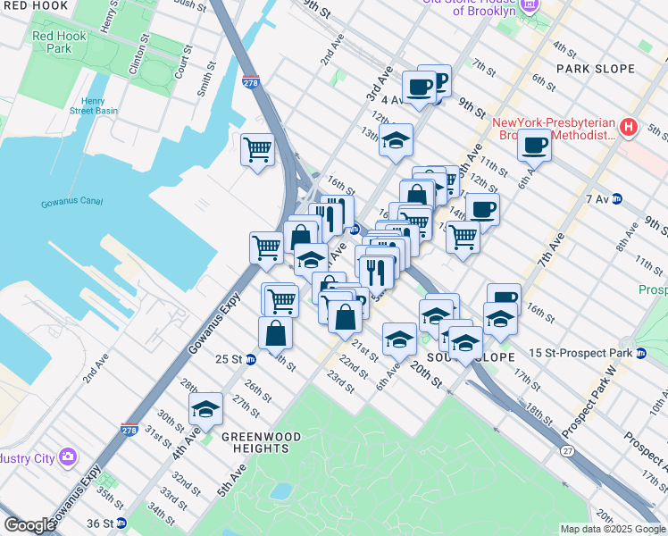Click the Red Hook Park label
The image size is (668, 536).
[52, 42]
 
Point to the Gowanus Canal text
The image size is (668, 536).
[73, 204]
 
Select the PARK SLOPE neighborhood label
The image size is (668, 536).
[595, 69]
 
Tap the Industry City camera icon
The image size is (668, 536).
[68, 458]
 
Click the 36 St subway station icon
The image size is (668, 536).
[121, 523]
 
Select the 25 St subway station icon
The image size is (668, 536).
[251, 359]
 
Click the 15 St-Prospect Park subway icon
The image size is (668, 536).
[641, 354]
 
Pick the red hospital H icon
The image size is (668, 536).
[629, 128]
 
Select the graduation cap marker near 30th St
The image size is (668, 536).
[206, 409]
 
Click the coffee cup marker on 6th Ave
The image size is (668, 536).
[534, 144]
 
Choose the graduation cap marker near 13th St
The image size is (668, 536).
[396, 139]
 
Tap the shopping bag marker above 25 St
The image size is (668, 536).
[276, 333]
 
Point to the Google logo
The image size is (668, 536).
[29, 525]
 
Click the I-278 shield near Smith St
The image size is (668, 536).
[251, 82]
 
